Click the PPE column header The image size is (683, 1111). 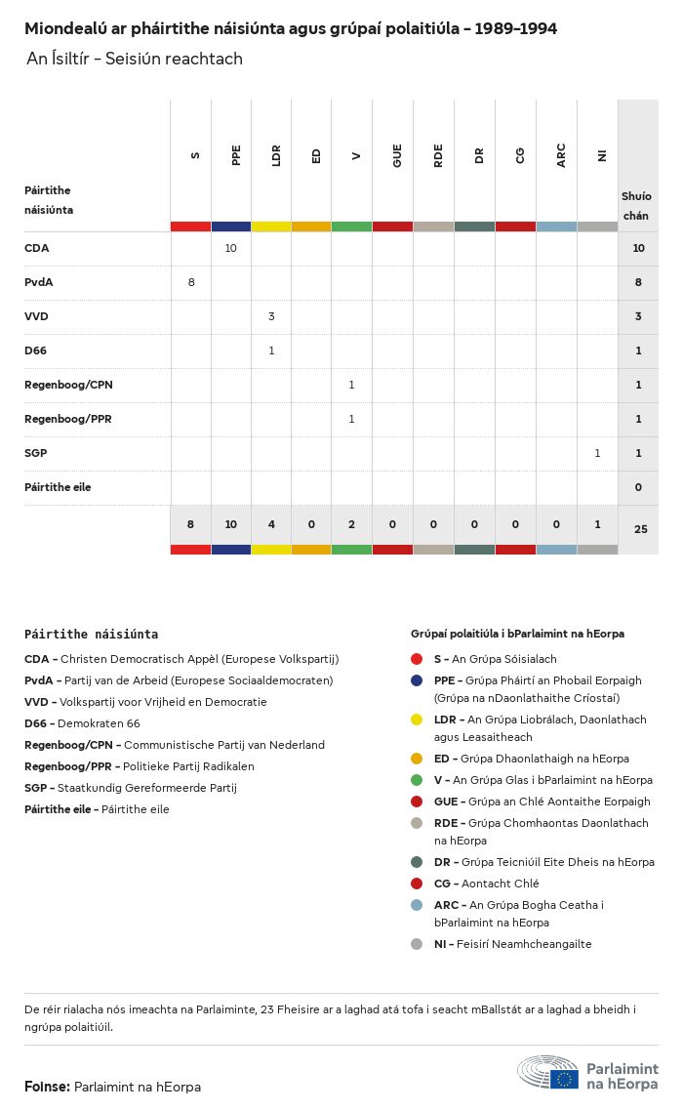click(236, 155)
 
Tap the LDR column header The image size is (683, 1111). click(277, 155)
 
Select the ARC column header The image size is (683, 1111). click(561, 155)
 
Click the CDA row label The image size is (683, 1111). click(37, 248)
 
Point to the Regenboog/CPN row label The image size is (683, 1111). click(68, 385)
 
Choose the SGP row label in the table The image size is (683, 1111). click(36, 453)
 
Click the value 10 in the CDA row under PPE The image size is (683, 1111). click(231, 248)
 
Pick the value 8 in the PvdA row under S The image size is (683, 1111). click(191, 282)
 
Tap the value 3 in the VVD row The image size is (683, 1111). click(271, 316)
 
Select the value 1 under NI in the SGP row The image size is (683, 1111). click(597, 453)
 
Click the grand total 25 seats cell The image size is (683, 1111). click(640, 529)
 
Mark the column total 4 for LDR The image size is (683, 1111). click(271, 524)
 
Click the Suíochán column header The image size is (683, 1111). click(637, 205)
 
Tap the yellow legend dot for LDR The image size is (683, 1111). click(417, 720)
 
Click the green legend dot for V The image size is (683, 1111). click(417, 780)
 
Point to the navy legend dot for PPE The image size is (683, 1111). click(417, 680)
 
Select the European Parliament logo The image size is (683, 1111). click(587, 1073)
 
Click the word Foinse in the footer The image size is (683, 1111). click(47, 1087)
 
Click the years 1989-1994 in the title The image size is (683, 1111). click(516, 29)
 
